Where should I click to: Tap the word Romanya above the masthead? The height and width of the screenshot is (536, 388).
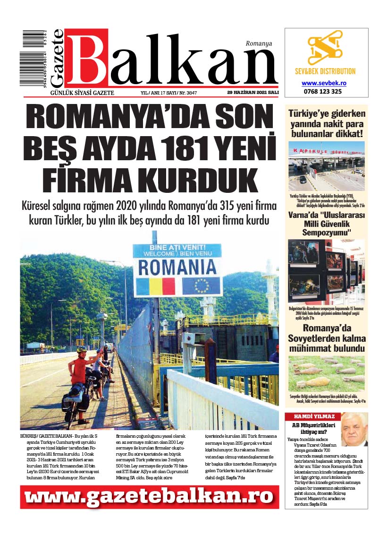pos(259,43)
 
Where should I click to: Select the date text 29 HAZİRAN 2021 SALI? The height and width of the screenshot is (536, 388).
pos(253,93)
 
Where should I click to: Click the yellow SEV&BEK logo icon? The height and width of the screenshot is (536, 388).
pos(326,50)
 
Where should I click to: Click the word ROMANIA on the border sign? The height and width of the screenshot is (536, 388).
pos(177,267)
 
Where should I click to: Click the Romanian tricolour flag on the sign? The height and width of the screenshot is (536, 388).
pos(155,286)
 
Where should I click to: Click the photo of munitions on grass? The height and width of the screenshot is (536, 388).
pos(326,373)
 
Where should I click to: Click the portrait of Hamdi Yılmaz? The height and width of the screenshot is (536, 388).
pos(354,429)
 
